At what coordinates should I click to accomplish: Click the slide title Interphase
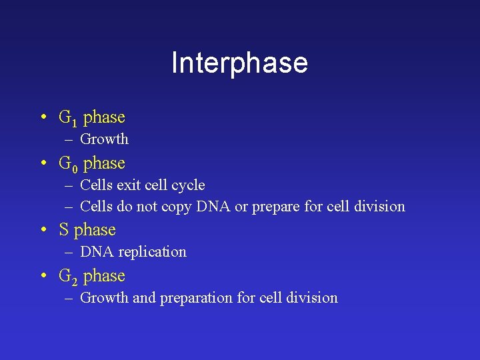[x=239, y=63]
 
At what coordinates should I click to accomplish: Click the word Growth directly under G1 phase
[x=104, y=139]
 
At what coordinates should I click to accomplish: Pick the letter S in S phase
[x=64, y=230]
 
